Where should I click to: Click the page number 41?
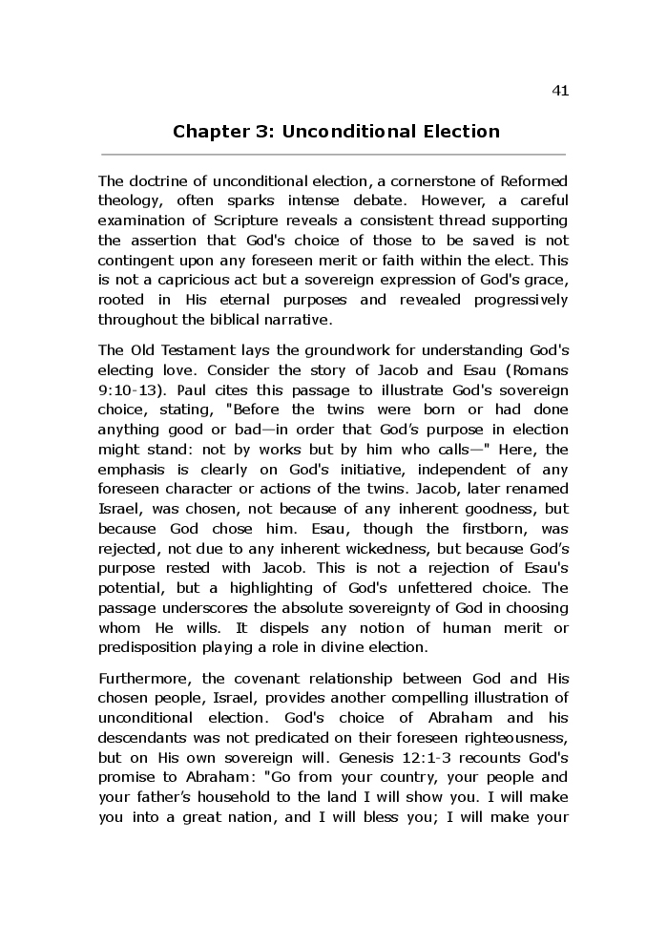click(560, 91)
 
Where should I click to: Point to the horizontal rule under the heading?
click(333, 154)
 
